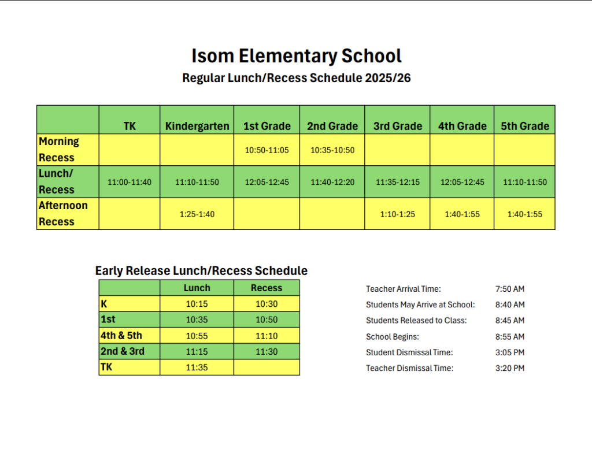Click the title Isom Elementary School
pos(296,57)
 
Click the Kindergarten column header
pos(197,126)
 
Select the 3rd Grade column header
pos(398,126)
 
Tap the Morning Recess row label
pos(58,149)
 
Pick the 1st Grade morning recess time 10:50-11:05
pos(267,150)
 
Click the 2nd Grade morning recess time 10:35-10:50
pos(332,150)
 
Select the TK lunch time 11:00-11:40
pos(129,182)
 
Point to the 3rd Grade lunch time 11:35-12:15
pos(398,182)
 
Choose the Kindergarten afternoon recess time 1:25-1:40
pos(197,214)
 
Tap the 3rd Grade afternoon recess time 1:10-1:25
pos(398,214)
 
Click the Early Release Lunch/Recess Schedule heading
pos(201,270)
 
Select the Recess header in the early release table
pos(267,288)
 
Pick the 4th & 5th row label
pos(121,335)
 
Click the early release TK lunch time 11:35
pos(197,367)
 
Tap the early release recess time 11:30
pos(267,351)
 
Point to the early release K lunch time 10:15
pos(197,304)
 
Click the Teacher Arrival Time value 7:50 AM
pos(510,289)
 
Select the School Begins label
pos(393,336)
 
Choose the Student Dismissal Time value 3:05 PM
pos(510,352)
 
